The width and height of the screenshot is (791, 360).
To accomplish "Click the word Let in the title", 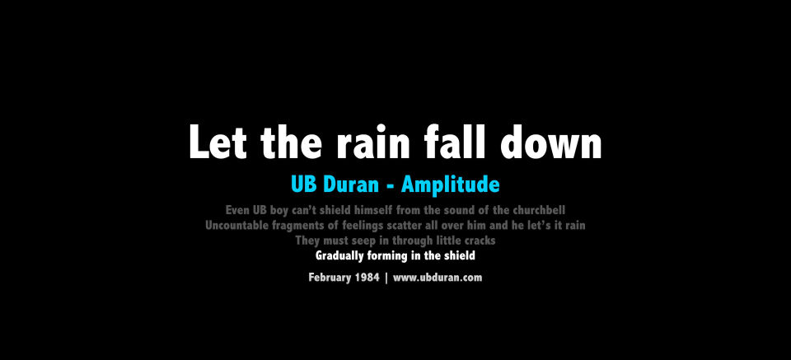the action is point(218,142).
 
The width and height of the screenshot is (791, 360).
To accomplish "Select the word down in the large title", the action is point(552,142).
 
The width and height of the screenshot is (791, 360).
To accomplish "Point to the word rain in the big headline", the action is point(373,143).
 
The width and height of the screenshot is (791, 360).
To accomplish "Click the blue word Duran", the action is point(351,185).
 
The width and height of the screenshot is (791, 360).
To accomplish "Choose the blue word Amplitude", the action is point(451,185).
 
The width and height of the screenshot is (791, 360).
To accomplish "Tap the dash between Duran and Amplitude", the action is point(390,186).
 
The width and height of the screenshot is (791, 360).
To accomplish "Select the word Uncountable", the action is point(236,226).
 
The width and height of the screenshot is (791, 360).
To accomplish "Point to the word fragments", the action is point(296,227).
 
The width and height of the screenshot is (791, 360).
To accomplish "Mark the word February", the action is point(332,278).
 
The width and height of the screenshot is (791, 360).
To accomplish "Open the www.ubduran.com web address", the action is point(438,278).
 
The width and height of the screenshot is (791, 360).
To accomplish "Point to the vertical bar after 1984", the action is point(386,278).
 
